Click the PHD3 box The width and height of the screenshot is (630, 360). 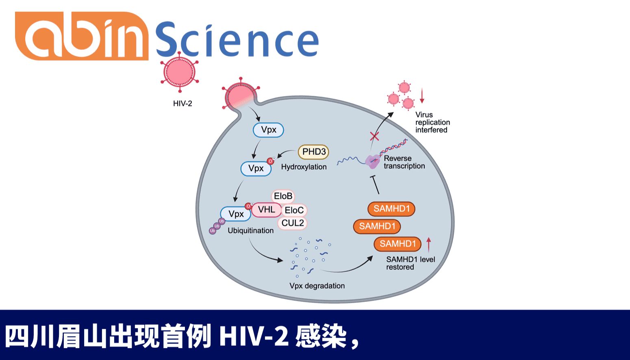(314, 152)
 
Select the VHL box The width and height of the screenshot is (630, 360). (266, 210)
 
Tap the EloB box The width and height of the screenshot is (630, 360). (283, 196)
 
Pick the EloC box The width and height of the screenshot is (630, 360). (294, 210)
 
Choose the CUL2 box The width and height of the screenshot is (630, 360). (293, 223)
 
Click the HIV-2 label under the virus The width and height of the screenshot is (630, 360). (182, 104)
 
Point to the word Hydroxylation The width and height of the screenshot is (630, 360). (304, 167)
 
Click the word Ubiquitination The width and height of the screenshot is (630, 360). (250, 231)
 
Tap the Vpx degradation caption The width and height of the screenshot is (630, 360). (317, 286)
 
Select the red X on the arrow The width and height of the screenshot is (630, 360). (374, 136)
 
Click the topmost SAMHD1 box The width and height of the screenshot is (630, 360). (392, 209)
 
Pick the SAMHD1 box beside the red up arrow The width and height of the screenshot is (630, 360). (398, 244)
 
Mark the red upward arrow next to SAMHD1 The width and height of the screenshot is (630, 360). (429, 245)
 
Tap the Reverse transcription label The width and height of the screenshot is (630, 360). (404, 162)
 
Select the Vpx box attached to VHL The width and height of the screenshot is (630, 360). (236, 214)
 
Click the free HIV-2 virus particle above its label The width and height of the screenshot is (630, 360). (179, 72)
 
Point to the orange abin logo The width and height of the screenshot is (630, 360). (81, 37)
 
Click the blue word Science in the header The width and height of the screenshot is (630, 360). (237, 39)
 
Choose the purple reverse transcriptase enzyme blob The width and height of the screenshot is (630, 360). (372, 162)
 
